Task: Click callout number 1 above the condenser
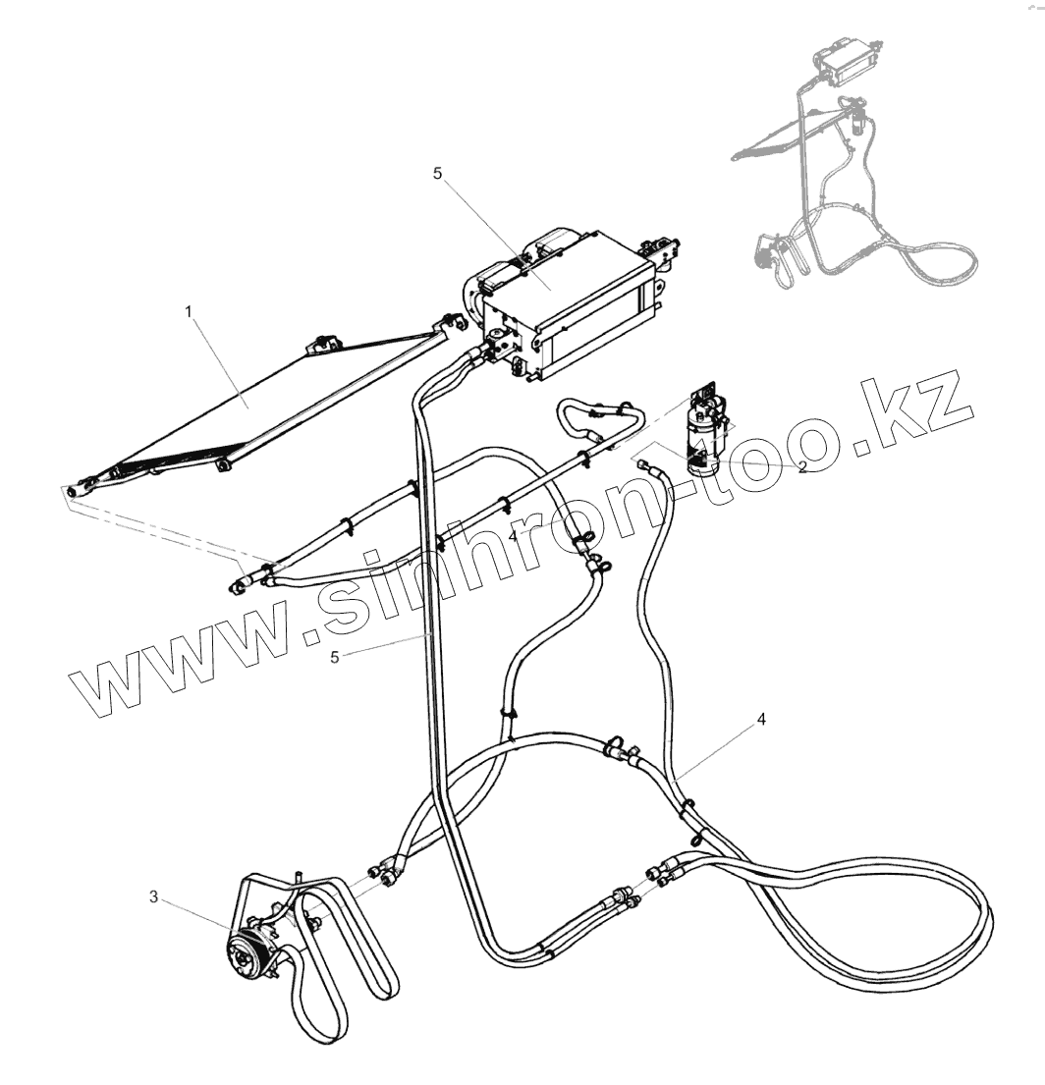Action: [x=190, y=310]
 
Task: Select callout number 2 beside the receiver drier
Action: [x=802, y=467]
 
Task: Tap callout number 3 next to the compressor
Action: [x=153, y=895]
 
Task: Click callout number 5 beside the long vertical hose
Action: [x=335, y=657]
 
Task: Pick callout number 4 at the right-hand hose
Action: [x=761, y=719]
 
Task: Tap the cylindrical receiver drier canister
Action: [x=706, y=439]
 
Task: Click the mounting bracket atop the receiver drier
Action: [x=706, y=394]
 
